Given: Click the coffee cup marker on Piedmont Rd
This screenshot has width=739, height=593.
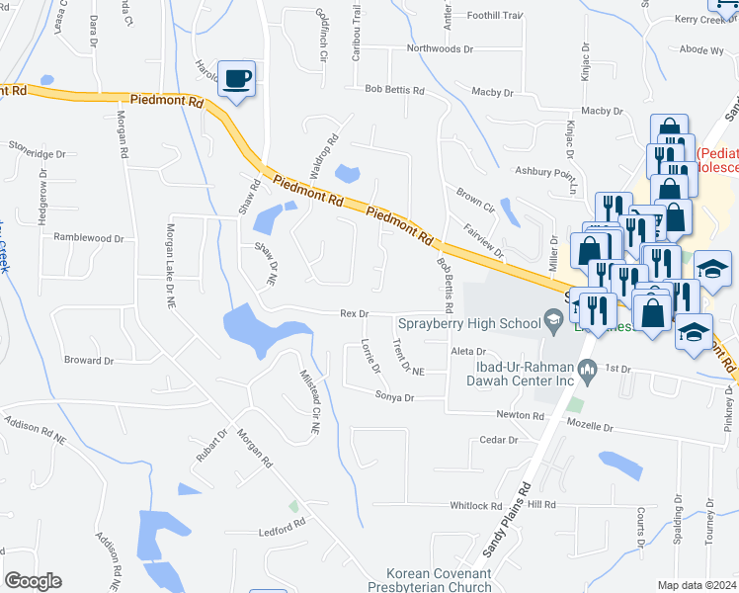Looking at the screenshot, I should point(236,78).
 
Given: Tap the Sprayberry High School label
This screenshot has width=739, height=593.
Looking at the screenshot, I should point(468,322).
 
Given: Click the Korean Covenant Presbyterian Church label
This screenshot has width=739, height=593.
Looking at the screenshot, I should point(438,580).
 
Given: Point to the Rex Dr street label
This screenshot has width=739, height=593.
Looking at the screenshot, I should point(354,313).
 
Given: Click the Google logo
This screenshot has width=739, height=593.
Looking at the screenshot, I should point(33,581).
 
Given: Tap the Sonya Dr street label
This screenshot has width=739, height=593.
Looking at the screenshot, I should point(394,396).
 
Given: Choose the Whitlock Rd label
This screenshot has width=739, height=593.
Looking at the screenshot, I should point(476,505).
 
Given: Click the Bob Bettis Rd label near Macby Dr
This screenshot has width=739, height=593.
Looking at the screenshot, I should point(394,90).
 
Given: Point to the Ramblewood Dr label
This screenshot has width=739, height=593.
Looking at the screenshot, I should point(89,238).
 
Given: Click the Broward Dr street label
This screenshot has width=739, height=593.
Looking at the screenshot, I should point(88,361).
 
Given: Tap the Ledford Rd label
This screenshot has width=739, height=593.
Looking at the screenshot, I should point(282,530).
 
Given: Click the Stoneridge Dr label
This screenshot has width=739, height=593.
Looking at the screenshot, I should point(37,154).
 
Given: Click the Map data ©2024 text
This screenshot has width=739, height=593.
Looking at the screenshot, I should point(697,585).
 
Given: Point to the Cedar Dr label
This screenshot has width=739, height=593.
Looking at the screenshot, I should point(499,440).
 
